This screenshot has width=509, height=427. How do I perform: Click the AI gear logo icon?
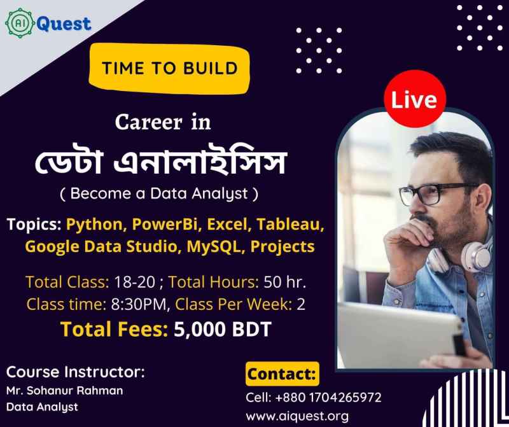[20, 23]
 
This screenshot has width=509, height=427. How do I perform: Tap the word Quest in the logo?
[64, 24]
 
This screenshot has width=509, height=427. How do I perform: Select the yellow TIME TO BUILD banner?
[169, 69]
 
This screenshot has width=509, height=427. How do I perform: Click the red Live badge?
[415, 99]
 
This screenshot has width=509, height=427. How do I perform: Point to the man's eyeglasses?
[436, 194]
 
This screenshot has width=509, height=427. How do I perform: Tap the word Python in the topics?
[94, 225]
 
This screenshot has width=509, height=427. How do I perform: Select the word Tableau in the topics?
[290, 224]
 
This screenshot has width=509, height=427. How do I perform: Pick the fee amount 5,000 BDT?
[223, 329]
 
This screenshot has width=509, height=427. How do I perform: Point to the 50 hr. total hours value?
[284, 282]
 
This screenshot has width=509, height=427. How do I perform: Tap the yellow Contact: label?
[282, 374]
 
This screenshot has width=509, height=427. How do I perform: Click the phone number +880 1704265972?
[328, 398]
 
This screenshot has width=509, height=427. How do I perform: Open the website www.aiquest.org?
[297, 416]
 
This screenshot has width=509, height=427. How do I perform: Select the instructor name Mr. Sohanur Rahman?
[65, 390]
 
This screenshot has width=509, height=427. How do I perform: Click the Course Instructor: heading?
[75, 372]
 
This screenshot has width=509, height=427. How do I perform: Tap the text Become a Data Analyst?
[159, 194]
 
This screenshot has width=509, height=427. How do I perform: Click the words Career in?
[163, 123]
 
